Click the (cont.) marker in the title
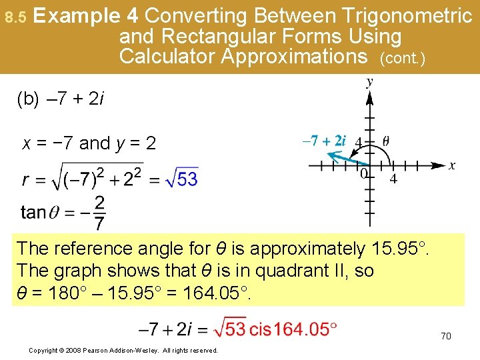coord(401,59)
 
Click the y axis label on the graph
coord(369,83)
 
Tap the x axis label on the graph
coord(452,165)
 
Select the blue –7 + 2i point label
coord(324,141)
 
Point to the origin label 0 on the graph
coord(363,174)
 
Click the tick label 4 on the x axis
coord(394,179)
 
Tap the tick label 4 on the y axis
coord(358,143)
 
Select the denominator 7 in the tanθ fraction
coord(99,223)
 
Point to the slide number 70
coord(445,336)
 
